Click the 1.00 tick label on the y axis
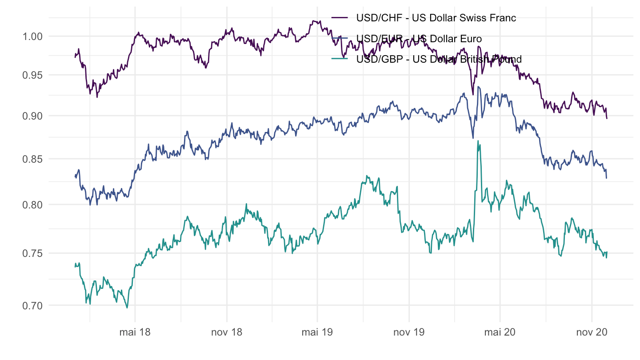point(32,36)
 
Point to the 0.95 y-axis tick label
point(32,75)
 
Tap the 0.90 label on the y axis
point(32,116)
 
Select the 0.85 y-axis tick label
point(32,159)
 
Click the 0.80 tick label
point(32,205)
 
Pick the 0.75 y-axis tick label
point(32,253)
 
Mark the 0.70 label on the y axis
point(32,305)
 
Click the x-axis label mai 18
point(135,332)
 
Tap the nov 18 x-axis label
point(227,332)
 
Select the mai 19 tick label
point(317,332)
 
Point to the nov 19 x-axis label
point(409,332)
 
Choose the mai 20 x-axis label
point(500,332)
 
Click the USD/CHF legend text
point(436,18)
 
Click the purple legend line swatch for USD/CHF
point(340,18)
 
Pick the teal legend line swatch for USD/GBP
point(340,59)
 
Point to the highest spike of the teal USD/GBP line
point(478,141)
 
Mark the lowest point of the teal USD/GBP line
point(127,308)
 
